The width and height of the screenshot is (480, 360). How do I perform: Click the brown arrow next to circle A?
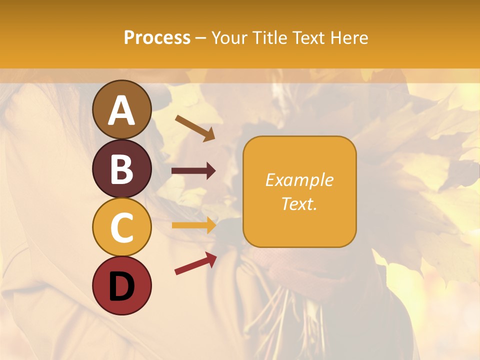click(195, 128)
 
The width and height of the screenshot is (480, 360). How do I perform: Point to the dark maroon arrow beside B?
click(193, 171)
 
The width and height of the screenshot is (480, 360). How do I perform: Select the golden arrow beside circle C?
click(193, 225)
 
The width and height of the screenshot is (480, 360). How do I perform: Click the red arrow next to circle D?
click(195, 263)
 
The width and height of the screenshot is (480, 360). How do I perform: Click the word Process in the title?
click(157, 37)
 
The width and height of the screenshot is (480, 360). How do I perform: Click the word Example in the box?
click(299, 180)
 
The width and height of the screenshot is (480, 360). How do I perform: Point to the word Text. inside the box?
click(299, 203)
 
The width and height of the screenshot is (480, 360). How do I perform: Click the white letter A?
click(122, 110)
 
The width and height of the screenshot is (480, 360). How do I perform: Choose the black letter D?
click(122, 286)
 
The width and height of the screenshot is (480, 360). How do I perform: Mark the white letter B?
click(122, 169)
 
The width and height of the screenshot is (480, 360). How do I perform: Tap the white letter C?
click(122, 228)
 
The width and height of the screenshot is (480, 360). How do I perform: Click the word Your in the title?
click(229, 37)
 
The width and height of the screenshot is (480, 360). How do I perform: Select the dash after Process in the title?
click(201, 38)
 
